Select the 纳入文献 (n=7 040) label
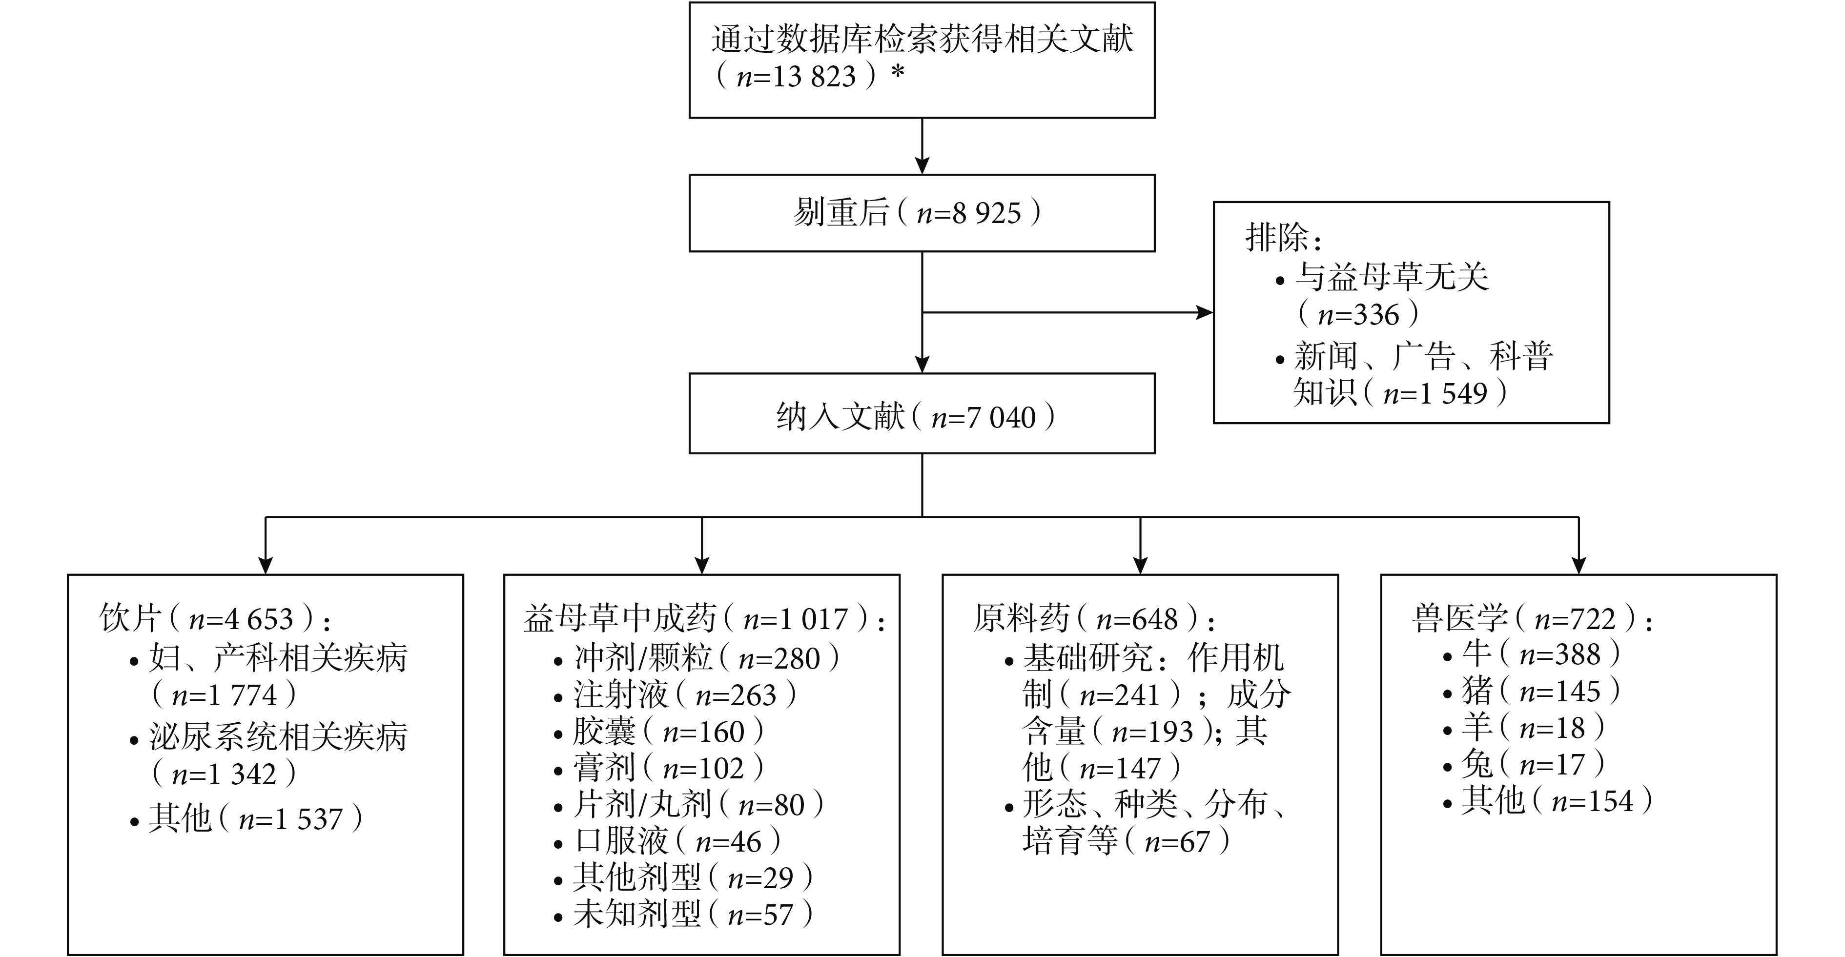point(916,417)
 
